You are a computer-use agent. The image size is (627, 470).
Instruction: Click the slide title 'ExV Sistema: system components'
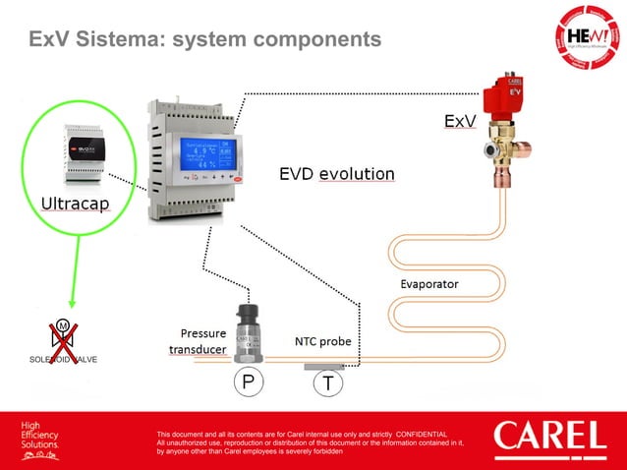coord(203,40)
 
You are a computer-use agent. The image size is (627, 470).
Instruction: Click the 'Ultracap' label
coord(75,205)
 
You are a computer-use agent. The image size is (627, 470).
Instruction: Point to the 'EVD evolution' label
coord(337,174)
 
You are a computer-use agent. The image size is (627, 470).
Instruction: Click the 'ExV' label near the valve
coord(460,122)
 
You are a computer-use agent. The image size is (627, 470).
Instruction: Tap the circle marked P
coord(245,382)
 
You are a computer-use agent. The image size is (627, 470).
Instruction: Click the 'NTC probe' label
coord(322,342)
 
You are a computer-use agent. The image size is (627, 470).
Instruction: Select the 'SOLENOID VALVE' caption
coord(62,359)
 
